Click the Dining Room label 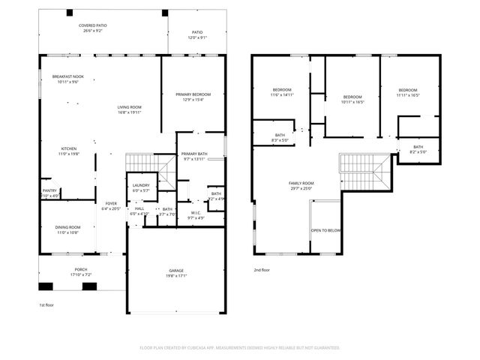click(67, 229)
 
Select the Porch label click(80, 273)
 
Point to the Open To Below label click(326, 231)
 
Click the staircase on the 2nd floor click(365, 172)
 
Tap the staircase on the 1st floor click(139, 161)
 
